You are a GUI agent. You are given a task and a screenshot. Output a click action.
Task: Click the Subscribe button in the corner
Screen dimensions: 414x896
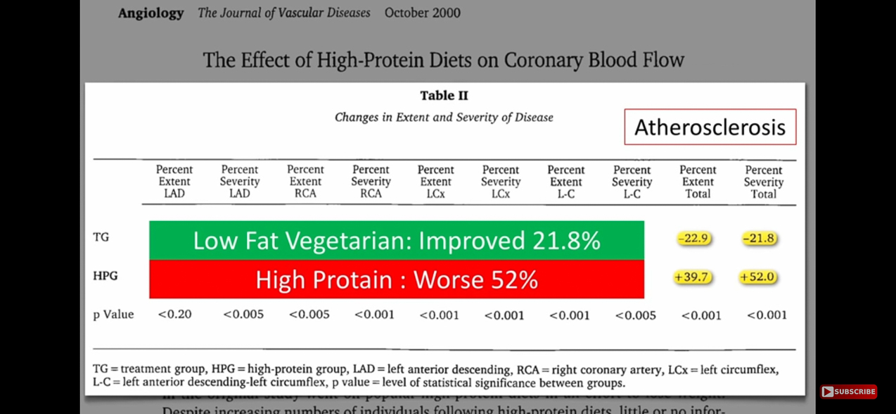[848, 391]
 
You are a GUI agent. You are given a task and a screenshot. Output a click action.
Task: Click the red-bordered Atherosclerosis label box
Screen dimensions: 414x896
[710, 127]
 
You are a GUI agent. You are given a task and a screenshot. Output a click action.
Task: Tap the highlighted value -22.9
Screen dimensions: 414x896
[693, 239]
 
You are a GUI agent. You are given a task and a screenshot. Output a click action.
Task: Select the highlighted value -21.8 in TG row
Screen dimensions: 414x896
[759, 239]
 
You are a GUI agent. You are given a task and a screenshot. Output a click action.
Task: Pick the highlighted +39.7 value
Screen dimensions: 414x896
[691, 277]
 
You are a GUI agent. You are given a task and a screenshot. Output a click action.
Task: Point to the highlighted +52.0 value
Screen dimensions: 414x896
[757, 277]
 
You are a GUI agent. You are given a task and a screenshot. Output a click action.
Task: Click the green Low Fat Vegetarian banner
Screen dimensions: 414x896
[396, 241]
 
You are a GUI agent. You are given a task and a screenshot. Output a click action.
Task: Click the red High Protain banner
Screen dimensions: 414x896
[396, 280]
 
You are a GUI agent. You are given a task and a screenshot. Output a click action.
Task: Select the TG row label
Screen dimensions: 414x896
[101, 237]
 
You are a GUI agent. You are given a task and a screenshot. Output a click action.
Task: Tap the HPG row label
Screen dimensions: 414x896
[105, 276]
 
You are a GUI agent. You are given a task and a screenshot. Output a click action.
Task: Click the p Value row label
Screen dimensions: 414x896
[113, 315]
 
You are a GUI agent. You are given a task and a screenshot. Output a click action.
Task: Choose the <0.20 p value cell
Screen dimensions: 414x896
[174, 315]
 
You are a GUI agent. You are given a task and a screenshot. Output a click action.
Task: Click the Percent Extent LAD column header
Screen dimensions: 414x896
[174, 182]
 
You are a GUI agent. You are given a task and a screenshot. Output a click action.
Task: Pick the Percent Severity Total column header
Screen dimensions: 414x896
[764, 182]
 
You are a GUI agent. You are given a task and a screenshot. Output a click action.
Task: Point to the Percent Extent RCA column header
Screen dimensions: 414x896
[305, 182]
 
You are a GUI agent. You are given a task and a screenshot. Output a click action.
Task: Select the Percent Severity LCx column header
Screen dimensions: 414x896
[501, 182]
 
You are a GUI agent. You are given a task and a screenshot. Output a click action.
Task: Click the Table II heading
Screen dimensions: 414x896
[444, 96]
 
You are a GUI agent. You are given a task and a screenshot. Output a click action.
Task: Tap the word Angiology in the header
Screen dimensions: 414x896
[151, 13]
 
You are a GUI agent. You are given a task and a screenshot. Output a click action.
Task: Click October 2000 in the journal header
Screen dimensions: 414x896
[422, 13]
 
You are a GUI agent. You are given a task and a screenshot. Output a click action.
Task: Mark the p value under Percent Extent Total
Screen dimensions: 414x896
[701, 315]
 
